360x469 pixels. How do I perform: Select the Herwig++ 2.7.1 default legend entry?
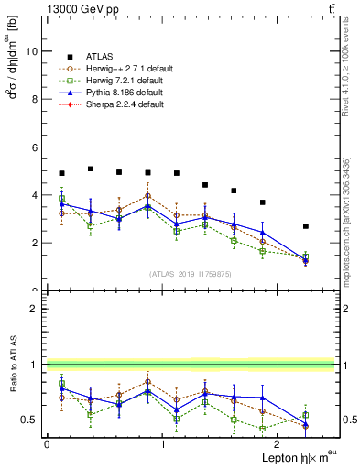point(125,67)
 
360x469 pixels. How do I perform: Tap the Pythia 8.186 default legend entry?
point(123,93)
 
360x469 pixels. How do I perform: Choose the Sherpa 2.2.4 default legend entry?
point(123,105)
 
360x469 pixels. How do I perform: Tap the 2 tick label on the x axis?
point(279,444)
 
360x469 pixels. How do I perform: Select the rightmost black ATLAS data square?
point(306,226)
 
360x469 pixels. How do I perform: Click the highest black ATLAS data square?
point(90,169)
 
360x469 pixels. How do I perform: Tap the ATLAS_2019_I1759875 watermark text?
point(190,273)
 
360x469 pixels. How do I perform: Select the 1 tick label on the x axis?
point(163,444)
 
